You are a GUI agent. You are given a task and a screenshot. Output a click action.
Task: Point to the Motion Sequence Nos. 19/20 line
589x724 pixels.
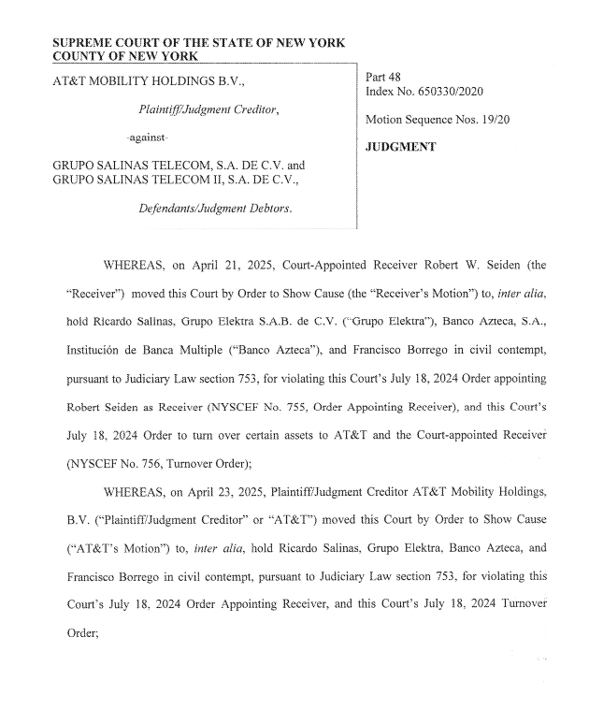438,120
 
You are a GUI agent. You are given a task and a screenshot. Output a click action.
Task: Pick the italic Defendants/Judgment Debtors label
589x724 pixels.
216,209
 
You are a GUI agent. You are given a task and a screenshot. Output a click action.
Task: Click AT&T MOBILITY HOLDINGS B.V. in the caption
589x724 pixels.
149,82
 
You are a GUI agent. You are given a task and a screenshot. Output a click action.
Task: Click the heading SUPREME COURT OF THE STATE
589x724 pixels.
198,44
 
